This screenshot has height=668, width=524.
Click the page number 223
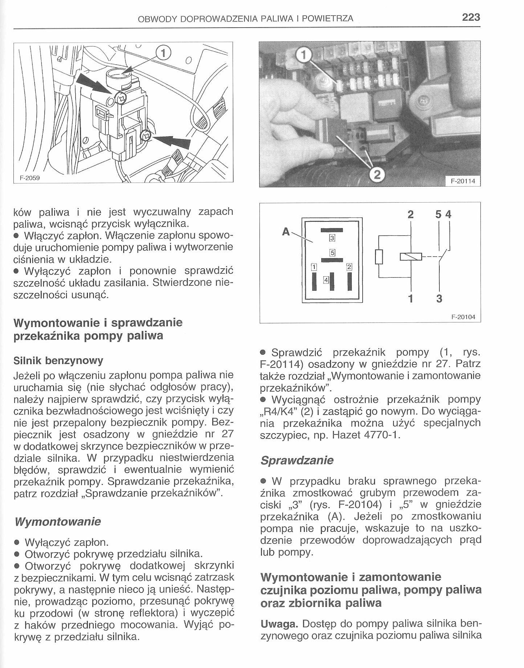(x=471, y=17)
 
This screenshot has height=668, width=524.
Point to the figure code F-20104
(x=463, y=317)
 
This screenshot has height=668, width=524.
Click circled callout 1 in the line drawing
(x=163, y=54)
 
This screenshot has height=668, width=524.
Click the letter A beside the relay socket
(x=286, y=231)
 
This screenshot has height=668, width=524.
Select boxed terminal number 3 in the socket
(x=332, y=238)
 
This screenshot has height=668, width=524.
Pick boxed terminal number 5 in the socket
(x=332, y=252)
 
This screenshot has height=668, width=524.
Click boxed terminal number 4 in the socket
(x=326, y=280)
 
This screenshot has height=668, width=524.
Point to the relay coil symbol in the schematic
(x=411, y=257)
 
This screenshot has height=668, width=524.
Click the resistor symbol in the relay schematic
(x=379, y=256)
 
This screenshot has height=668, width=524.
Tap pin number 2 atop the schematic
(x=411, y=215)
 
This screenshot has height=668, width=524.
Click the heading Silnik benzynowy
(x=58, y=361)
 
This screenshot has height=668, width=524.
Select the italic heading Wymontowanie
(x=57, y=522)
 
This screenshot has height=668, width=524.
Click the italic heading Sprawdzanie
(x=297, y=461)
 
